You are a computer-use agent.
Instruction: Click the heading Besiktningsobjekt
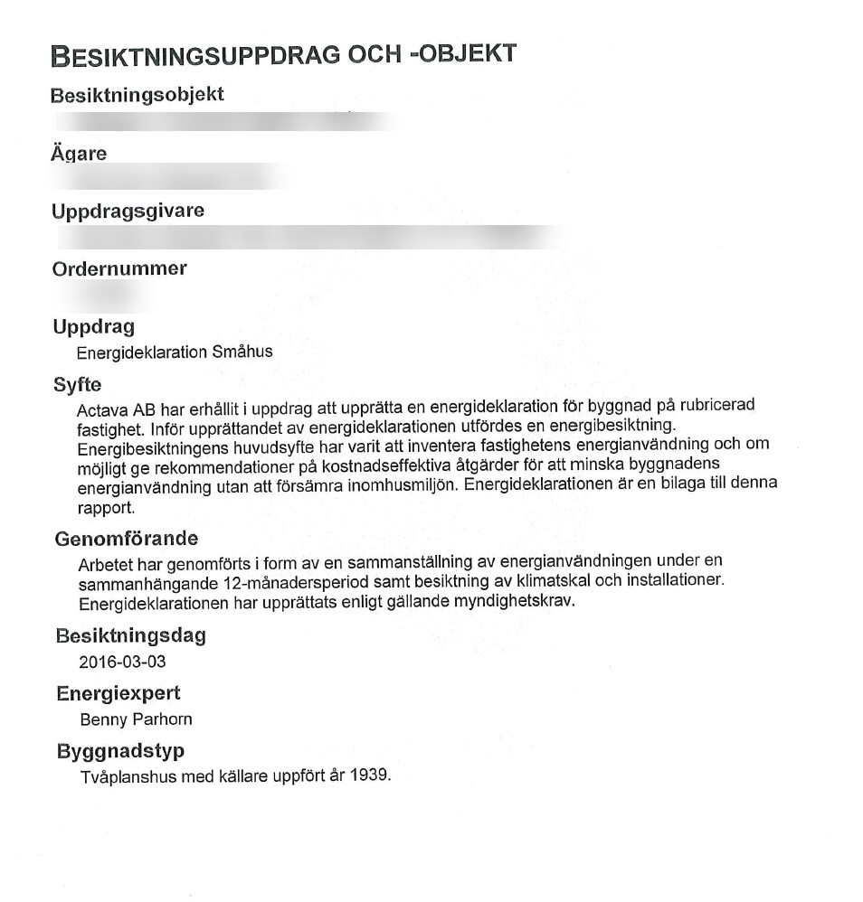[137, 95]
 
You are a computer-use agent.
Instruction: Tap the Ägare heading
[79, 154]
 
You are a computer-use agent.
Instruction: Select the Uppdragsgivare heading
[128, 211]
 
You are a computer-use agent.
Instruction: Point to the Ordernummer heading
[119, 269]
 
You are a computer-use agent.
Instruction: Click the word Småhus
[242, 352]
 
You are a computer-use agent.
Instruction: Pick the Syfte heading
[78, 385]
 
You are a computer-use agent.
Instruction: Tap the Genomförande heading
[127, 540]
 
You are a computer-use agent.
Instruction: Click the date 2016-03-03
[122, 662]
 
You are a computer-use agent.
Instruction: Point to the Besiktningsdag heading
[131, 636]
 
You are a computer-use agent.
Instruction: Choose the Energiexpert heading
[119, 694]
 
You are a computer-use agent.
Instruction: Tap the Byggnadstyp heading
[120, 752]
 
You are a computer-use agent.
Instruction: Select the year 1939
[372, 775]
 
